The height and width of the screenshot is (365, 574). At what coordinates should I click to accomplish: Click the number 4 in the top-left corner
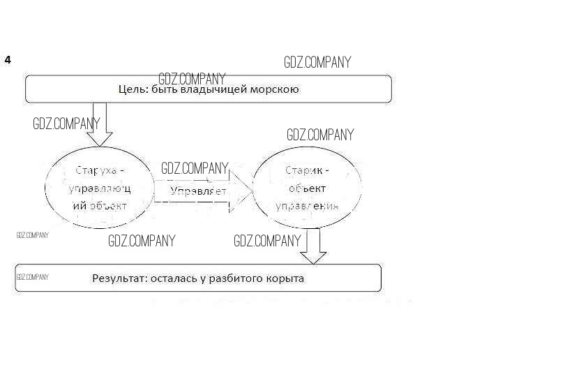coord(8,60)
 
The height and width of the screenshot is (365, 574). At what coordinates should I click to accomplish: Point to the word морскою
coord(273,89)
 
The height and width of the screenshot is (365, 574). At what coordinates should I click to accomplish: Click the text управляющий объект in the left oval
coord(99,197)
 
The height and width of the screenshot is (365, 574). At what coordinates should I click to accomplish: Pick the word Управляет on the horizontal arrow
coord(199,191)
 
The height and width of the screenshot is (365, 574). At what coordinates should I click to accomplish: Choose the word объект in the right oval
coord(306,188)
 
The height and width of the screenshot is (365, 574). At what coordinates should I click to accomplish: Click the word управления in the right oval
coord(307,206)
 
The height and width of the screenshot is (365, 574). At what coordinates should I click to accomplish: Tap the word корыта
coord(287,278)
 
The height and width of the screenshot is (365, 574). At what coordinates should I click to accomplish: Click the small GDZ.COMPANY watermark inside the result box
coord(32,277)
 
